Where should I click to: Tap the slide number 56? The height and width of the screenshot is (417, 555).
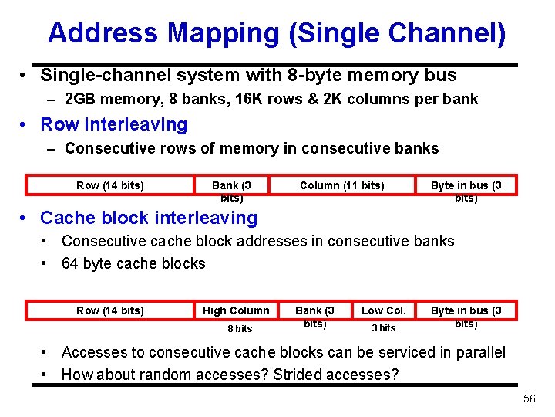pyautogui.click(x=529, y=398)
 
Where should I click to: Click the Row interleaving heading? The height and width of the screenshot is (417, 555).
pyautogui.click(x=113, y=124)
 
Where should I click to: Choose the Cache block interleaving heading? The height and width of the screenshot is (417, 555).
pyautogui.click(x=148, y=218)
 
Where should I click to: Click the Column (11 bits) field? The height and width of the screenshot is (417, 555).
pyautogui.click(x=341, y=185)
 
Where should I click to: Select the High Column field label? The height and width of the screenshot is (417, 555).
pyautogui.click(x=236, y=310)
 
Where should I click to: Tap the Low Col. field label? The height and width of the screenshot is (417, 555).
pyautogui.click(x=383, y=310)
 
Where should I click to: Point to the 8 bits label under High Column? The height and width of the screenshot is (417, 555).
pyautogui.click(x=240, y=328)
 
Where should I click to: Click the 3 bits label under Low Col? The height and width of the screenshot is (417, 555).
pyautogui.click(x=383, y=328)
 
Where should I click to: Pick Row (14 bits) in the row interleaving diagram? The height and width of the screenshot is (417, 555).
pyautogui.click(x=110, y=185)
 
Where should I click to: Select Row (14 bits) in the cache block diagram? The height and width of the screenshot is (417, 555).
pyautogui.click(x=110, y=310)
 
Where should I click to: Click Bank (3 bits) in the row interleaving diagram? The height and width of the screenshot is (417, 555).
pyautogui.click(x=231, y=190)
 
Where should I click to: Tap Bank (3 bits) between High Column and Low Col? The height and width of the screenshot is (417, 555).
pyautogui.click(x=314, y=316)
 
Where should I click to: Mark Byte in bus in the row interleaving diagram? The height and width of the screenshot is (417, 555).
pyautogui.click(x=466, y=190)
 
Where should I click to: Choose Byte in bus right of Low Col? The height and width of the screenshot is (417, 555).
pyautogui.click(x=466, y=316)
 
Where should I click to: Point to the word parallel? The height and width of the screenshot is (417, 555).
pyautogui.click(x=476, y=352)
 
